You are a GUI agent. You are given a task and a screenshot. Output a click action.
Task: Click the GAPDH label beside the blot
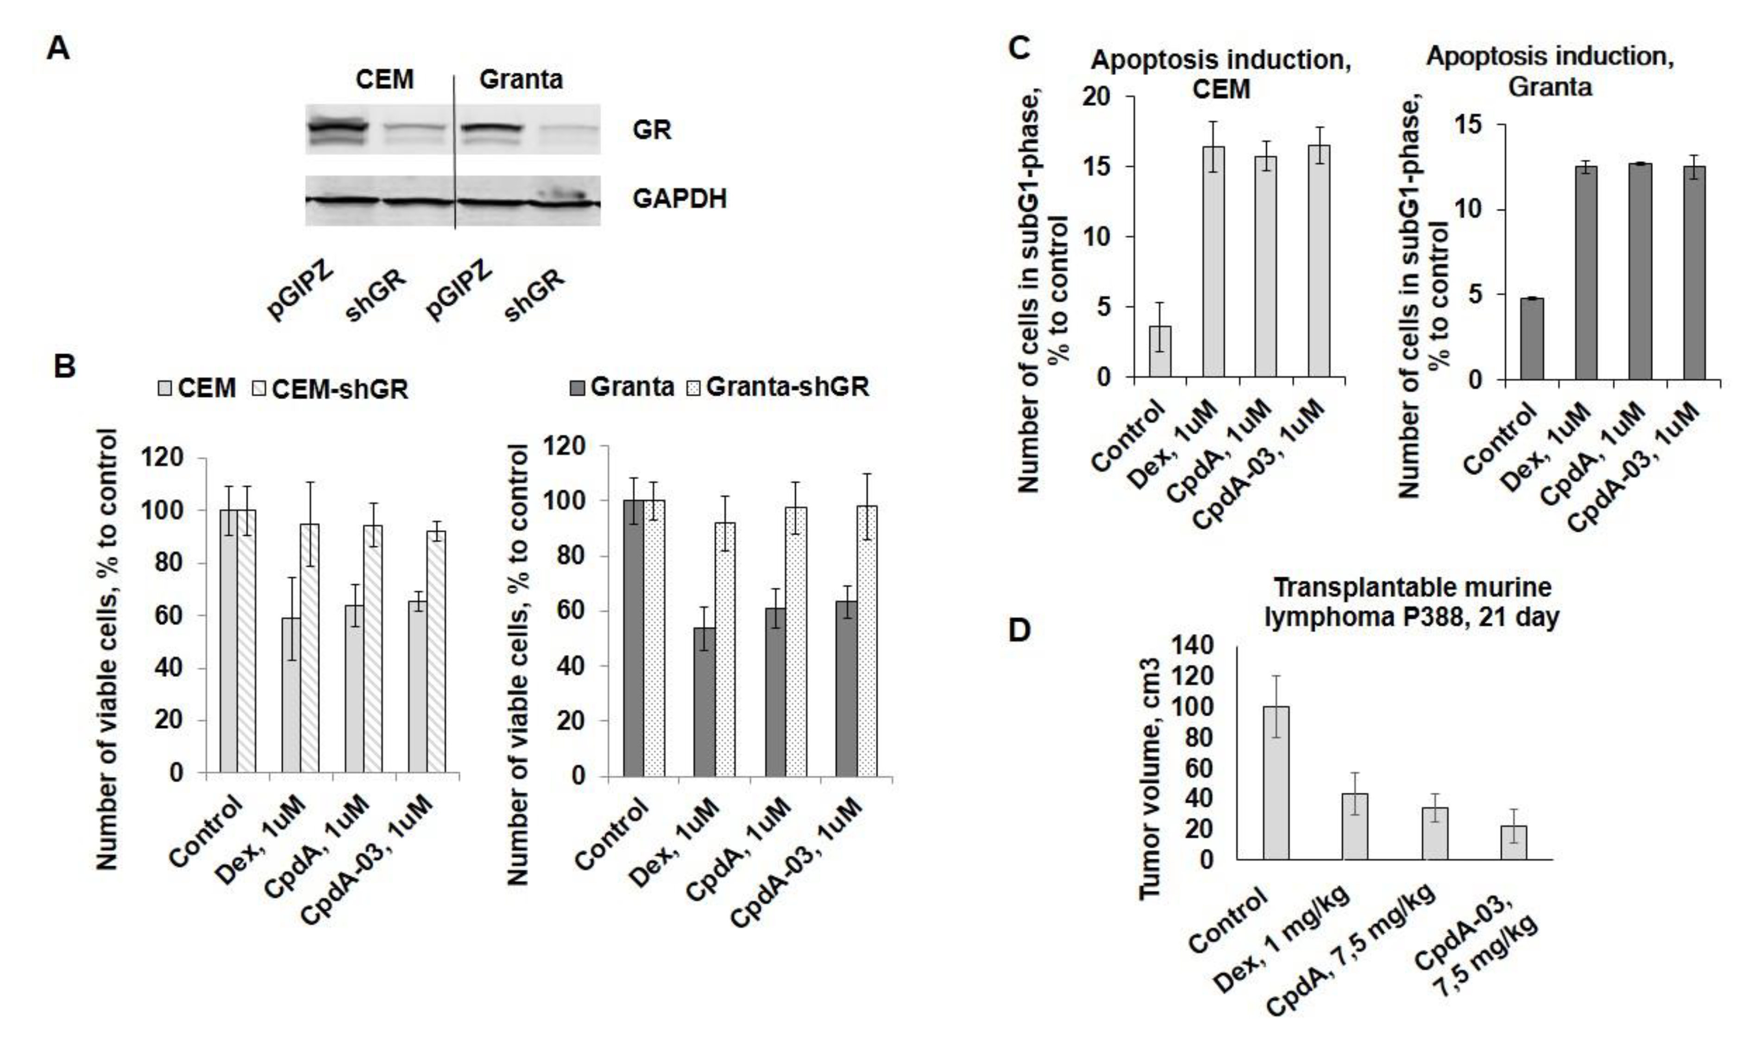(x=679, y=200)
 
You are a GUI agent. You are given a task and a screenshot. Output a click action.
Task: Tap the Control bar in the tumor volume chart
(x=1276, y=783)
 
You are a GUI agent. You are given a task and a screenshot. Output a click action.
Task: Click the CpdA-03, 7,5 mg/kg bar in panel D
(x=1513, y=842)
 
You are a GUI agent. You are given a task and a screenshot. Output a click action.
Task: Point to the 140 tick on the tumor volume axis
(x=1194, y=645)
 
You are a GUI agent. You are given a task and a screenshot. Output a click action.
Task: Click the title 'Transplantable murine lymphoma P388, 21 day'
(x=1411, y=601)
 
